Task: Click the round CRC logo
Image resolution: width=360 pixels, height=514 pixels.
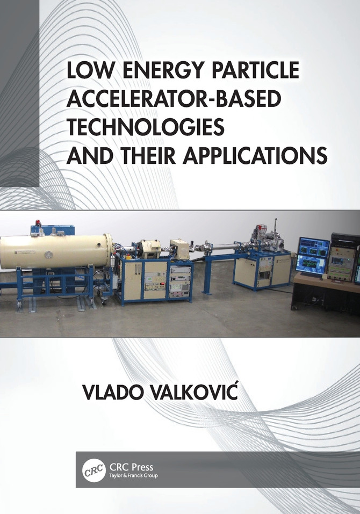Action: click(x=92, y=470)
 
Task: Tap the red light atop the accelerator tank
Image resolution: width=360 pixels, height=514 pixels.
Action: click(x=38, y=223)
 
